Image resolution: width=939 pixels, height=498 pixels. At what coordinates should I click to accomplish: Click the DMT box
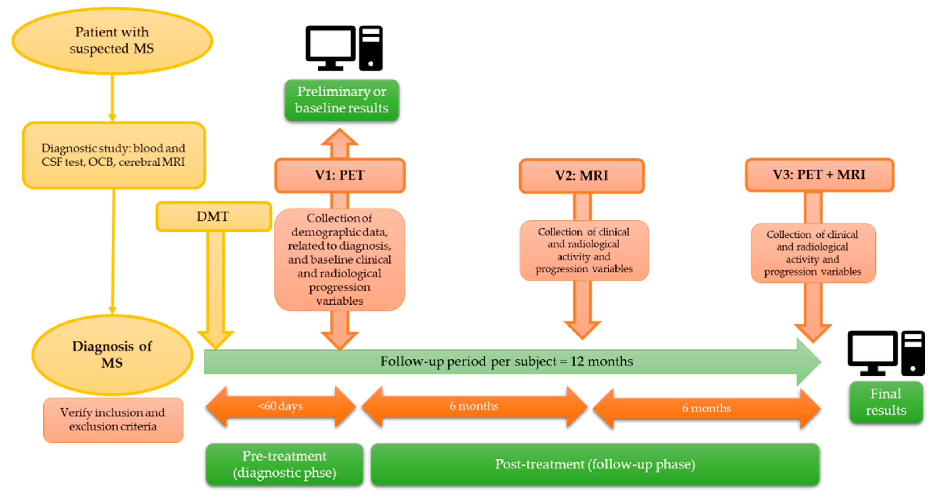pos(214,216)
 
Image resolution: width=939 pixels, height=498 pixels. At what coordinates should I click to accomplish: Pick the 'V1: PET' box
pos(340,175)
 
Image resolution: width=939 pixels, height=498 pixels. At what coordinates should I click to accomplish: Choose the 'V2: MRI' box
pos(582,176)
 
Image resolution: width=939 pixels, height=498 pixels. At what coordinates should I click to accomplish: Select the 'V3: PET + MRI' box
pos(819,175)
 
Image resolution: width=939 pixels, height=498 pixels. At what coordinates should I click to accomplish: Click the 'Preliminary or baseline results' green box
pos(342,100)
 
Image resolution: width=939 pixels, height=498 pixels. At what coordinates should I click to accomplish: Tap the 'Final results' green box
pos(886,402)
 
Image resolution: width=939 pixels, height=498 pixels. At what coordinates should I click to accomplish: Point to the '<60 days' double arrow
pos(280,406)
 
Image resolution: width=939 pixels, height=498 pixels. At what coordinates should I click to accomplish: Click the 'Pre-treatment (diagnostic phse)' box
pos(284,464)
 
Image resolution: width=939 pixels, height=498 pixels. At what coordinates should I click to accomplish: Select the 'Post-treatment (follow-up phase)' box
pos(595,464)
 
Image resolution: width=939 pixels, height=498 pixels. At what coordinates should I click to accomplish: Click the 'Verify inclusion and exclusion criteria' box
pos(113,420)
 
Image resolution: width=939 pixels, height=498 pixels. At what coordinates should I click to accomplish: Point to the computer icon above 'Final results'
pos(886,353)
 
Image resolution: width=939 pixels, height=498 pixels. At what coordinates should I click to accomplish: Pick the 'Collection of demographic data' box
pos(339,259)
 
